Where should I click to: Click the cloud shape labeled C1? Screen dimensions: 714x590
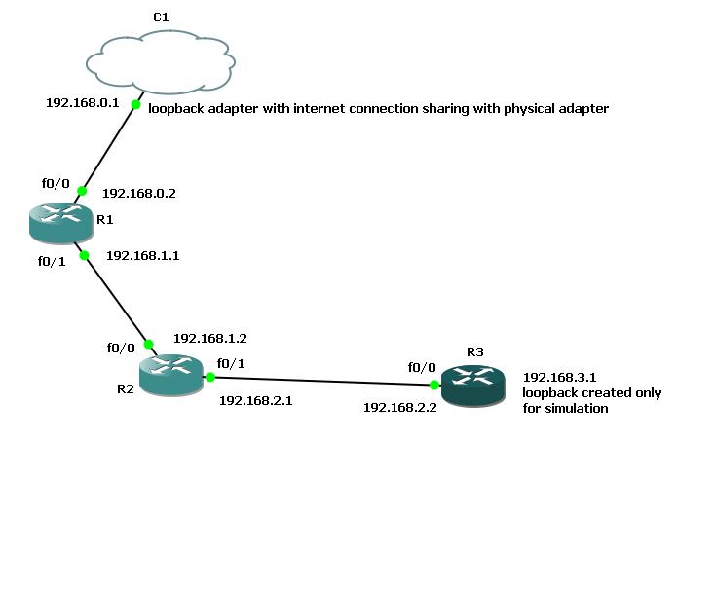tap(161, 62)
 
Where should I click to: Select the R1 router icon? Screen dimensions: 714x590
tap(61, 223)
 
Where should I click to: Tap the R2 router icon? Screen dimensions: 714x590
tap(171, 375)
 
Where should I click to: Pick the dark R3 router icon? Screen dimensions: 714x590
tap(473, 386)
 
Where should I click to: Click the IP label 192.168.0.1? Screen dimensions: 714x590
tap(83, 103)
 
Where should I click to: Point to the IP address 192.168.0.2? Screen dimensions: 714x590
tap(139, 193)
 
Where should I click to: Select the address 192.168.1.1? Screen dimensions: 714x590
tap(142, 255)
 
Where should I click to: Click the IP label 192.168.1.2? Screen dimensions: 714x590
tap(210, 338)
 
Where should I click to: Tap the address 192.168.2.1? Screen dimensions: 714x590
tap(255, 400)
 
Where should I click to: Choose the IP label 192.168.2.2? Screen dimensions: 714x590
tap(399, 407)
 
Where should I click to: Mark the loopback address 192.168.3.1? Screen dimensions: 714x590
tap(559, 377)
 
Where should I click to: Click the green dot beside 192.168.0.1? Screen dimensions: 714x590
tap(135, 105)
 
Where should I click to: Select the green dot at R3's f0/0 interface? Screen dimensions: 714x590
tap(434, 386)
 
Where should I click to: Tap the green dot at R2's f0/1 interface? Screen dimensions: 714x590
tap(210, 377)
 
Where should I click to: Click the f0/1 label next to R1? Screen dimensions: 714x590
tap(52, 261)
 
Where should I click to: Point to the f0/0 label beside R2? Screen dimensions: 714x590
tap(121, 349)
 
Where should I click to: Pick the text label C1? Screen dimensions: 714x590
tap(161, 18)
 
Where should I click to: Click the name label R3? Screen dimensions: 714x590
tap(475, 351)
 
